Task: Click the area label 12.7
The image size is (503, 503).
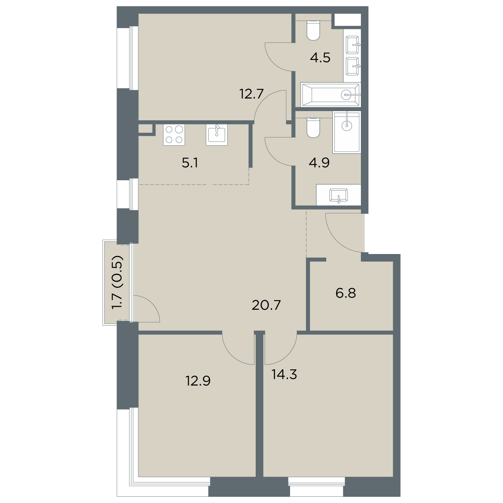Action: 251,94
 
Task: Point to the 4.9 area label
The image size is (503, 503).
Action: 319,162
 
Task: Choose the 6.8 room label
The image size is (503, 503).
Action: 345,293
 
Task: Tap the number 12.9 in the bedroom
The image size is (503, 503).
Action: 197,381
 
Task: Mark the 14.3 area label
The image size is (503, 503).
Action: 284,374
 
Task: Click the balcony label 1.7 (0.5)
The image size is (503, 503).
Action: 117,282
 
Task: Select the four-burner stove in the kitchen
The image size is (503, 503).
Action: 174,135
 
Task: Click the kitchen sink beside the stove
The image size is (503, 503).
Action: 217,135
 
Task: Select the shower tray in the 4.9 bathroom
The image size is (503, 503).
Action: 346,132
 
